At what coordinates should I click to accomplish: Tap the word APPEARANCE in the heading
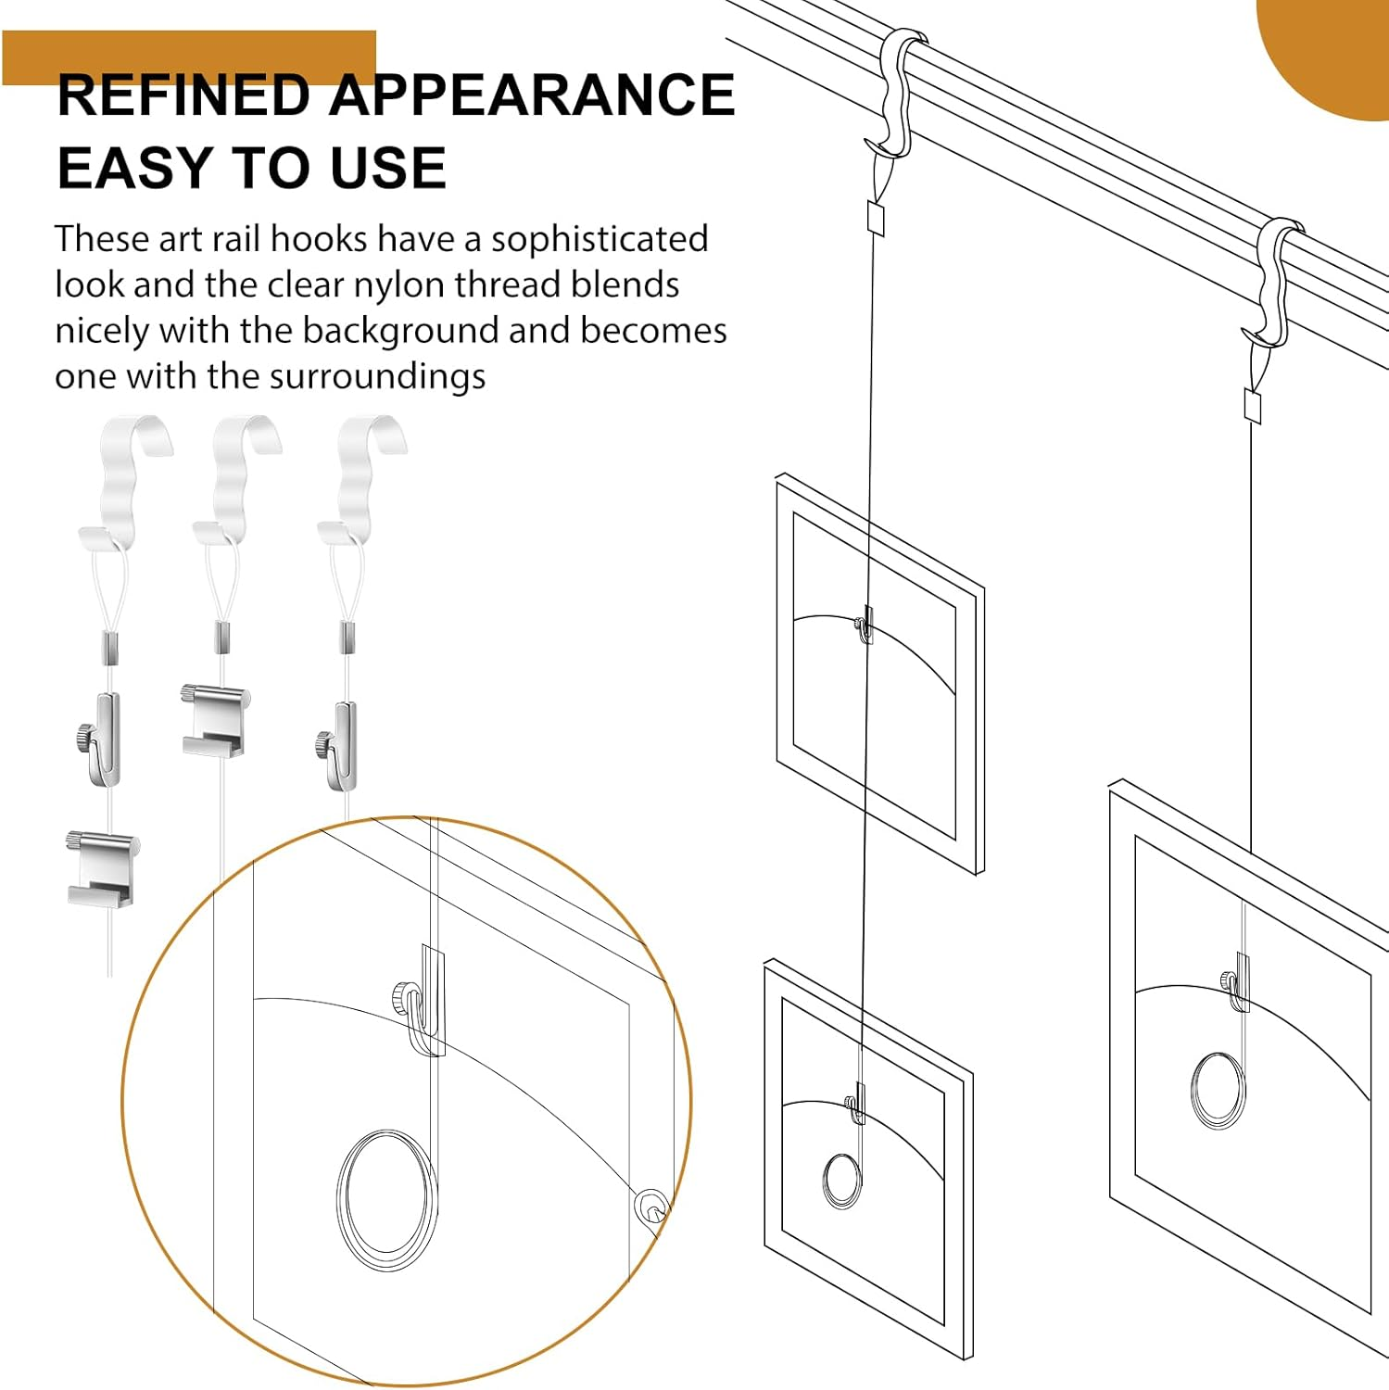coord(532,95)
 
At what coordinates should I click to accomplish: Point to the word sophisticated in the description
coord(599,239)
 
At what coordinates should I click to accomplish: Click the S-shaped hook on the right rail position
coord(1273,283)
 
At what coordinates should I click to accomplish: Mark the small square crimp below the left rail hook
coord(876,219)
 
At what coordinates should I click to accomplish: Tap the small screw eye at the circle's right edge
coord(651,1209)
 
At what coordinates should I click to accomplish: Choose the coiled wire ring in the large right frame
coord(1219,1089)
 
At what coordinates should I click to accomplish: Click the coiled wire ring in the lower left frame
coord(841,1181)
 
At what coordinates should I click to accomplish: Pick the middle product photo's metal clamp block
coord(215,720)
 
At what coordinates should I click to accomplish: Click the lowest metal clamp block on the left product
coord(100,868)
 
